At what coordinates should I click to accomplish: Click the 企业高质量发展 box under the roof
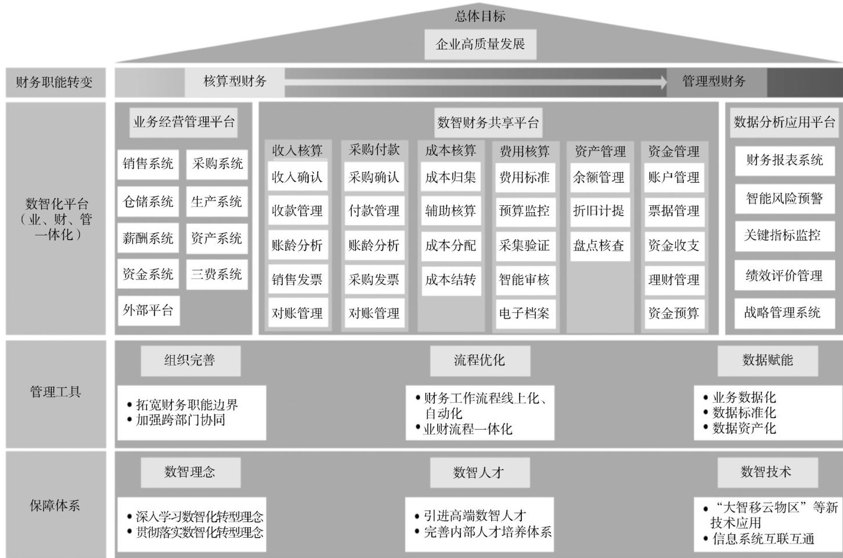pos(480,44)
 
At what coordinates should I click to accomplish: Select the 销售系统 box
pos(148,164)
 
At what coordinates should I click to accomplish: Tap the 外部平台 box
pos(148,310)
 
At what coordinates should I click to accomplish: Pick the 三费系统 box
pos(217,274)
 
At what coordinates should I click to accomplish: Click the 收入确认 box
pos(297,177)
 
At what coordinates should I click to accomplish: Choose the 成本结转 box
pos(451,280)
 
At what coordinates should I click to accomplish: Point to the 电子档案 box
pos(524,313)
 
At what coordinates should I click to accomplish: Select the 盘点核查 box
pos(599,245)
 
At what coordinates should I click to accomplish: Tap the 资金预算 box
pos(673,313)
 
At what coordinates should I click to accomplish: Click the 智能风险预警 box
pos(784,198)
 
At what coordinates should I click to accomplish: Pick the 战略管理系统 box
pos(783,312)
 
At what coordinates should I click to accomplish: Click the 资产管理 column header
pos(600,152)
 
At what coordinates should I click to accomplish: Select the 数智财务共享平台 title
pos(488,123)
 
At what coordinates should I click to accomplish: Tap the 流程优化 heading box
pos(480,360)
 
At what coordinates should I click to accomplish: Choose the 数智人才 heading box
pos(479,473)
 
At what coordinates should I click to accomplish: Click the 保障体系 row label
pos(55,506)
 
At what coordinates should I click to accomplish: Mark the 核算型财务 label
pos(235,81)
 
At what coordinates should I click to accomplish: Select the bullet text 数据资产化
pos(744,428)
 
